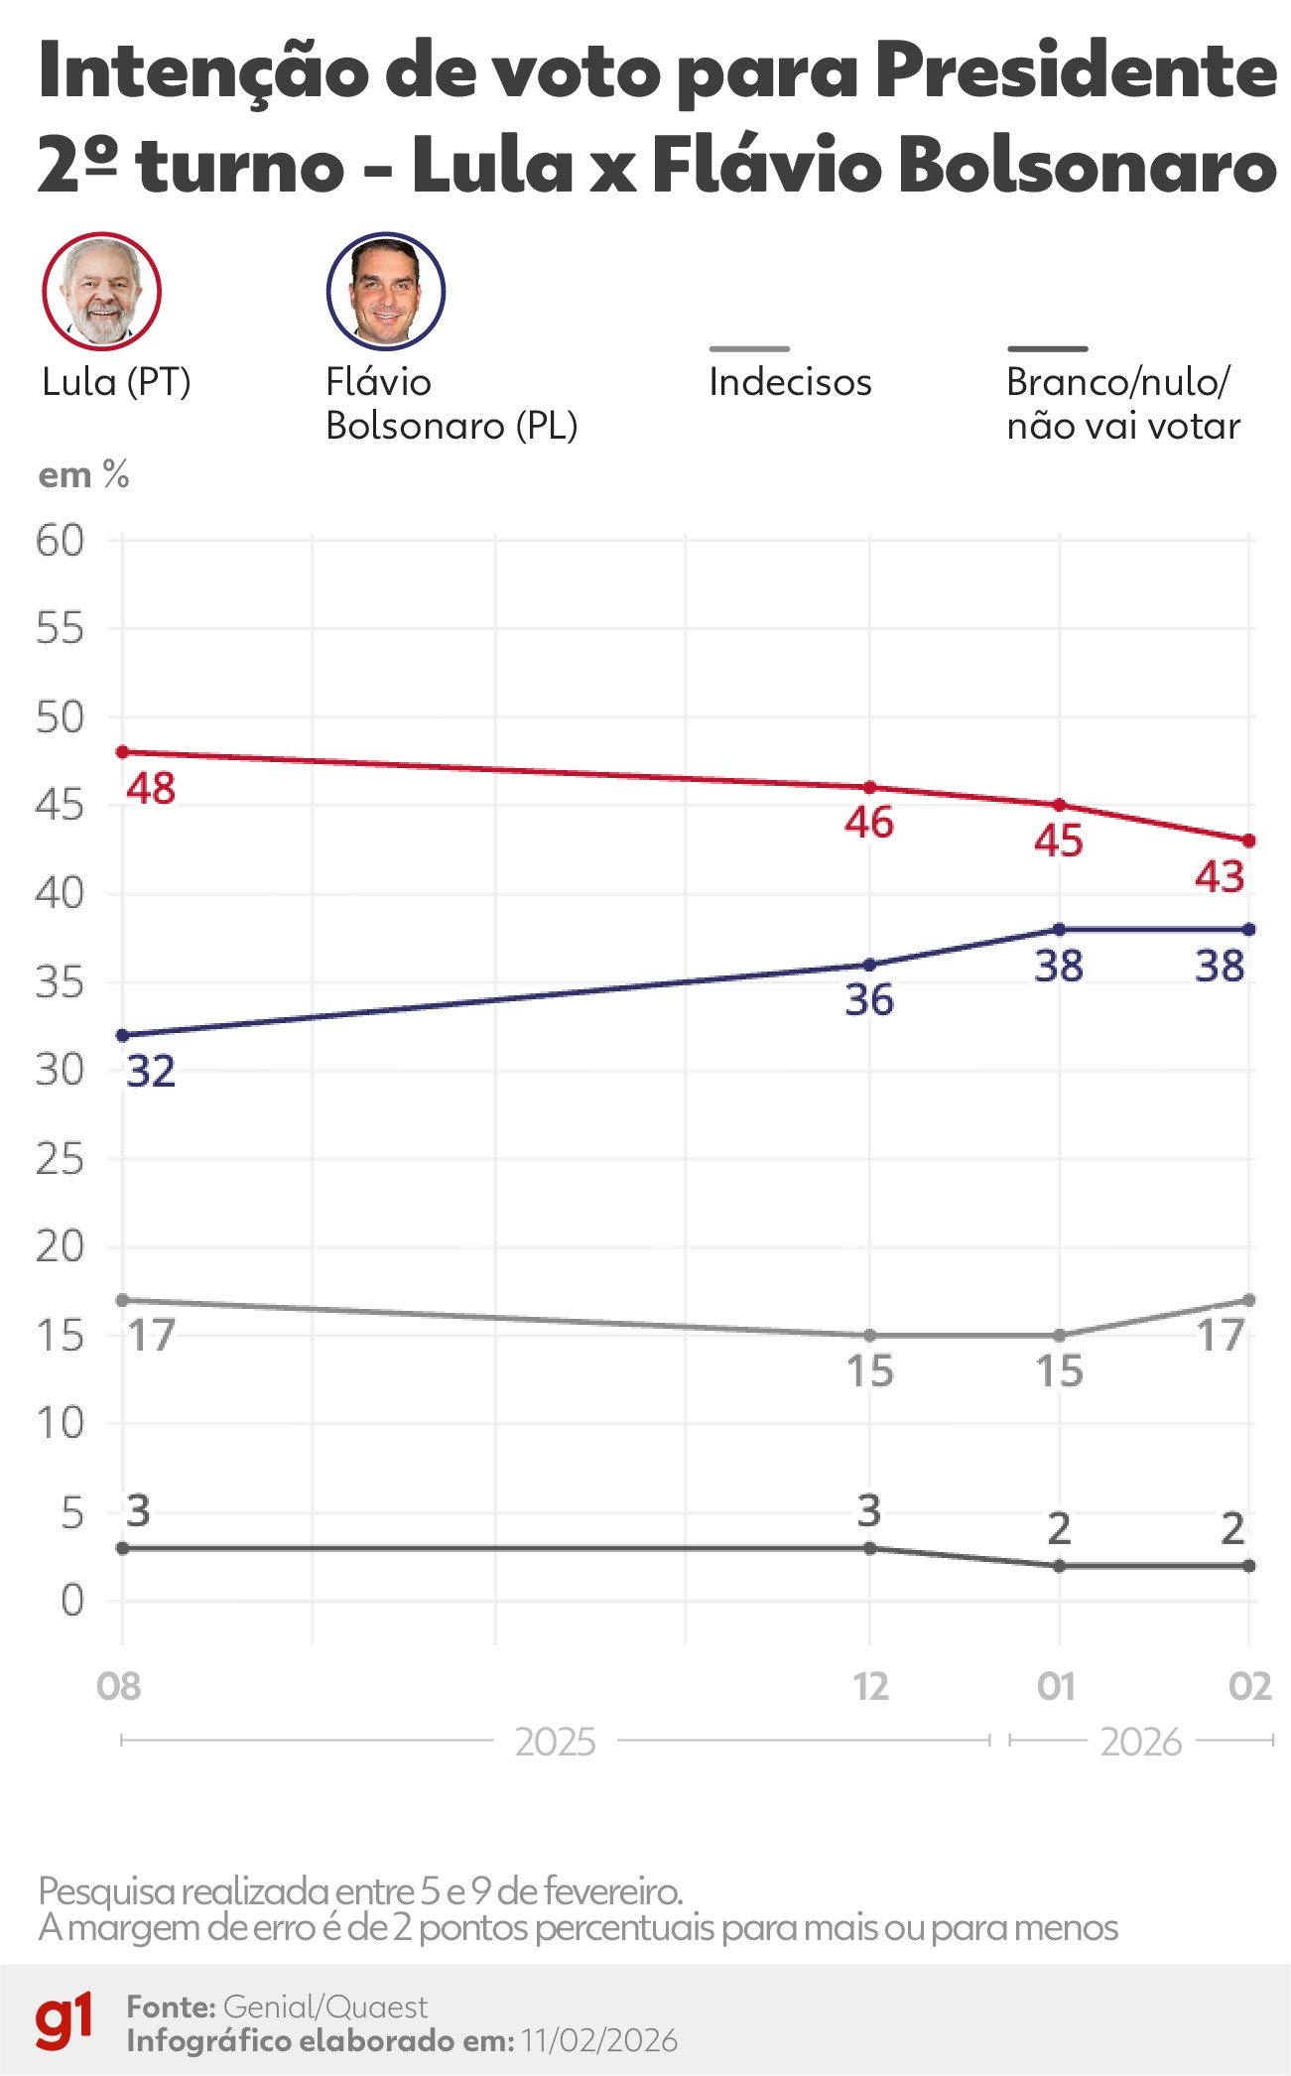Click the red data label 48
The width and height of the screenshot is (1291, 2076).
click(x=151, y=789)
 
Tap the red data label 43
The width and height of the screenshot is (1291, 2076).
click(x=1220, y=877)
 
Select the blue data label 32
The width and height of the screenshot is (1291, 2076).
click(x=151, y=1072)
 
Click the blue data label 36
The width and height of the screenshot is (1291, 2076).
click(x=869, y=1000)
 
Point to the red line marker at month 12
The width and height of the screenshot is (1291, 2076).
click(x=870, y=787)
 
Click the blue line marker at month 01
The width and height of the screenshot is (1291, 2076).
click(x=1060, y=930)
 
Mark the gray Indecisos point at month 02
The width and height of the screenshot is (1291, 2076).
click(x=1249, y=1300)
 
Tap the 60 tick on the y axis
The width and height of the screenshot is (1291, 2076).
click(x=61, y=541)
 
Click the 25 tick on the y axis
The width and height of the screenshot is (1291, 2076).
click(x=61, y=1159)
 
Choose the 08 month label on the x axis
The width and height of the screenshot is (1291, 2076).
click(x=119, y=1687)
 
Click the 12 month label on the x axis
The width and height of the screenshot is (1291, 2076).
click(x=871, y=1687)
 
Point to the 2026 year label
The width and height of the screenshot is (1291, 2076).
click(x=1141, y=1743)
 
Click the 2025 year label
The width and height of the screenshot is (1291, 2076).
click(x=556, y=1743)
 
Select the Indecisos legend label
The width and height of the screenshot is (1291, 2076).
click(x=790, y=383)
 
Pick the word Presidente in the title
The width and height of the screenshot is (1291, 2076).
click(x=1076, y=71)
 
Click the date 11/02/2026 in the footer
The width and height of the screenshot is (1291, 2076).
click(x=599, y=2041)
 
